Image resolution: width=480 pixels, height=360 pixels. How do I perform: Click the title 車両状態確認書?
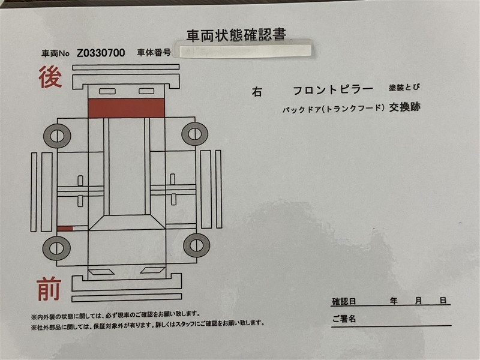coord(236,35)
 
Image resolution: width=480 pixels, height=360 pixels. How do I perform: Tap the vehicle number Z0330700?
coord(101,53)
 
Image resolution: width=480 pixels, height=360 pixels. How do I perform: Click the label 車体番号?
coord(154,53)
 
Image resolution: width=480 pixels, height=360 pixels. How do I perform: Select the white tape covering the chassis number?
coord(245,51)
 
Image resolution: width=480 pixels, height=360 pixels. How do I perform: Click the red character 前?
coord(49,289)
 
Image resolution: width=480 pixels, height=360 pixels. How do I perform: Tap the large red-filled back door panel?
coord(126,108)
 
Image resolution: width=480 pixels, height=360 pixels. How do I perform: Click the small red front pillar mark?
coord(65,229)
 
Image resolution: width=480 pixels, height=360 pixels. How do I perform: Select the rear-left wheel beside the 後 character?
coord(57,136)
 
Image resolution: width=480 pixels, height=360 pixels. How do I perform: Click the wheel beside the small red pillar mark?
coord(56,248)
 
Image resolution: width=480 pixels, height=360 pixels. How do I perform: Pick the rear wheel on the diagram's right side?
coord(194,134)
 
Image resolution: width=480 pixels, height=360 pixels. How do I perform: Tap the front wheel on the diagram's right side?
coord(197,245)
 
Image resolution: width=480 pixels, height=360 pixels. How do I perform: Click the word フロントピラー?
coord(333,90)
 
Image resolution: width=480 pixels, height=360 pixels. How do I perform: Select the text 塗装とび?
coord(404,88)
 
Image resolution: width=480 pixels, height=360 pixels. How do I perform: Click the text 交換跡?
coord(404,107)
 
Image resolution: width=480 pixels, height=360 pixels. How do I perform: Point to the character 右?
coord(257,92)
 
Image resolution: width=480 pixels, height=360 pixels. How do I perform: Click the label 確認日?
coord(344,302)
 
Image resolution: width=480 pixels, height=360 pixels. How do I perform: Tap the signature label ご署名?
coord(344,319)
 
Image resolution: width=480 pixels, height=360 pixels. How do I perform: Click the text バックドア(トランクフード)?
coord(333,109)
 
